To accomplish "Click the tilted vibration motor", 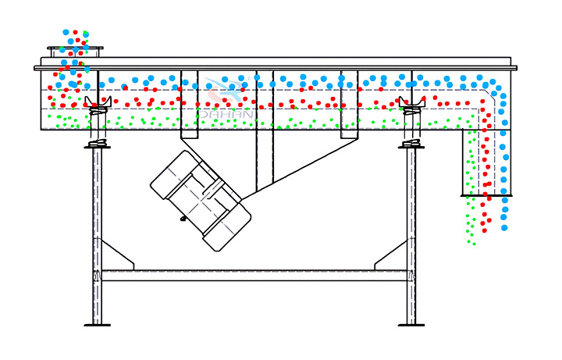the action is (x=201, y=201).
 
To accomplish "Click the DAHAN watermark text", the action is (x=226, y=114).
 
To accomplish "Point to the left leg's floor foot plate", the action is (x=97, y=325).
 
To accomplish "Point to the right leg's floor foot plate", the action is (x=411, y=325).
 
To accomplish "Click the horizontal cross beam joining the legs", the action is (x=254, y=276).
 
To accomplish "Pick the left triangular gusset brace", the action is (x=118, y=255).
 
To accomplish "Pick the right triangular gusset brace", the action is (x=391, y=255).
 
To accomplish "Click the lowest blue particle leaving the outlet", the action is (x=505, y=228).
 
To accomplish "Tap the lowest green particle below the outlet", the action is (x=475, y=244).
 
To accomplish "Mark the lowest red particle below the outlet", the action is (x=485, y=230).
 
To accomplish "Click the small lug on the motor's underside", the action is (x=183, y=219).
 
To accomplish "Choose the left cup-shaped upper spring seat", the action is (x=98, y=102).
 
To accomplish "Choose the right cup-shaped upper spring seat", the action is (x=412, y=102).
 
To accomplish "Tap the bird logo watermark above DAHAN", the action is (x=224, y=91).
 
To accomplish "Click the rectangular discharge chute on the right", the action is (x=486, y=163).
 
